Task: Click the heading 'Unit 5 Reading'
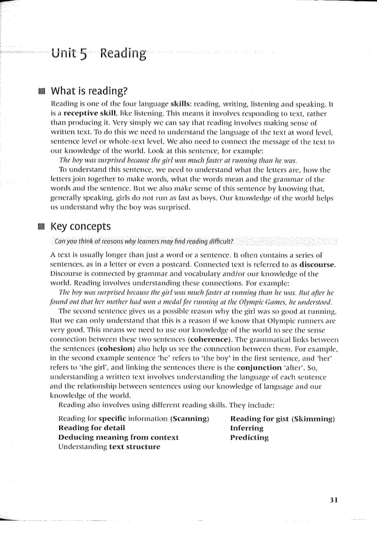98,55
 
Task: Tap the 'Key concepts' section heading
80,226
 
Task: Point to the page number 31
333,500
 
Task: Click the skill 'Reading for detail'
92,428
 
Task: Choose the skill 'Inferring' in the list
246,428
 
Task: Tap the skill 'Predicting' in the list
249,437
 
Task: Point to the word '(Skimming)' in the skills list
313,418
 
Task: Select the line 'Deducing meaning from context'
118,437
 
